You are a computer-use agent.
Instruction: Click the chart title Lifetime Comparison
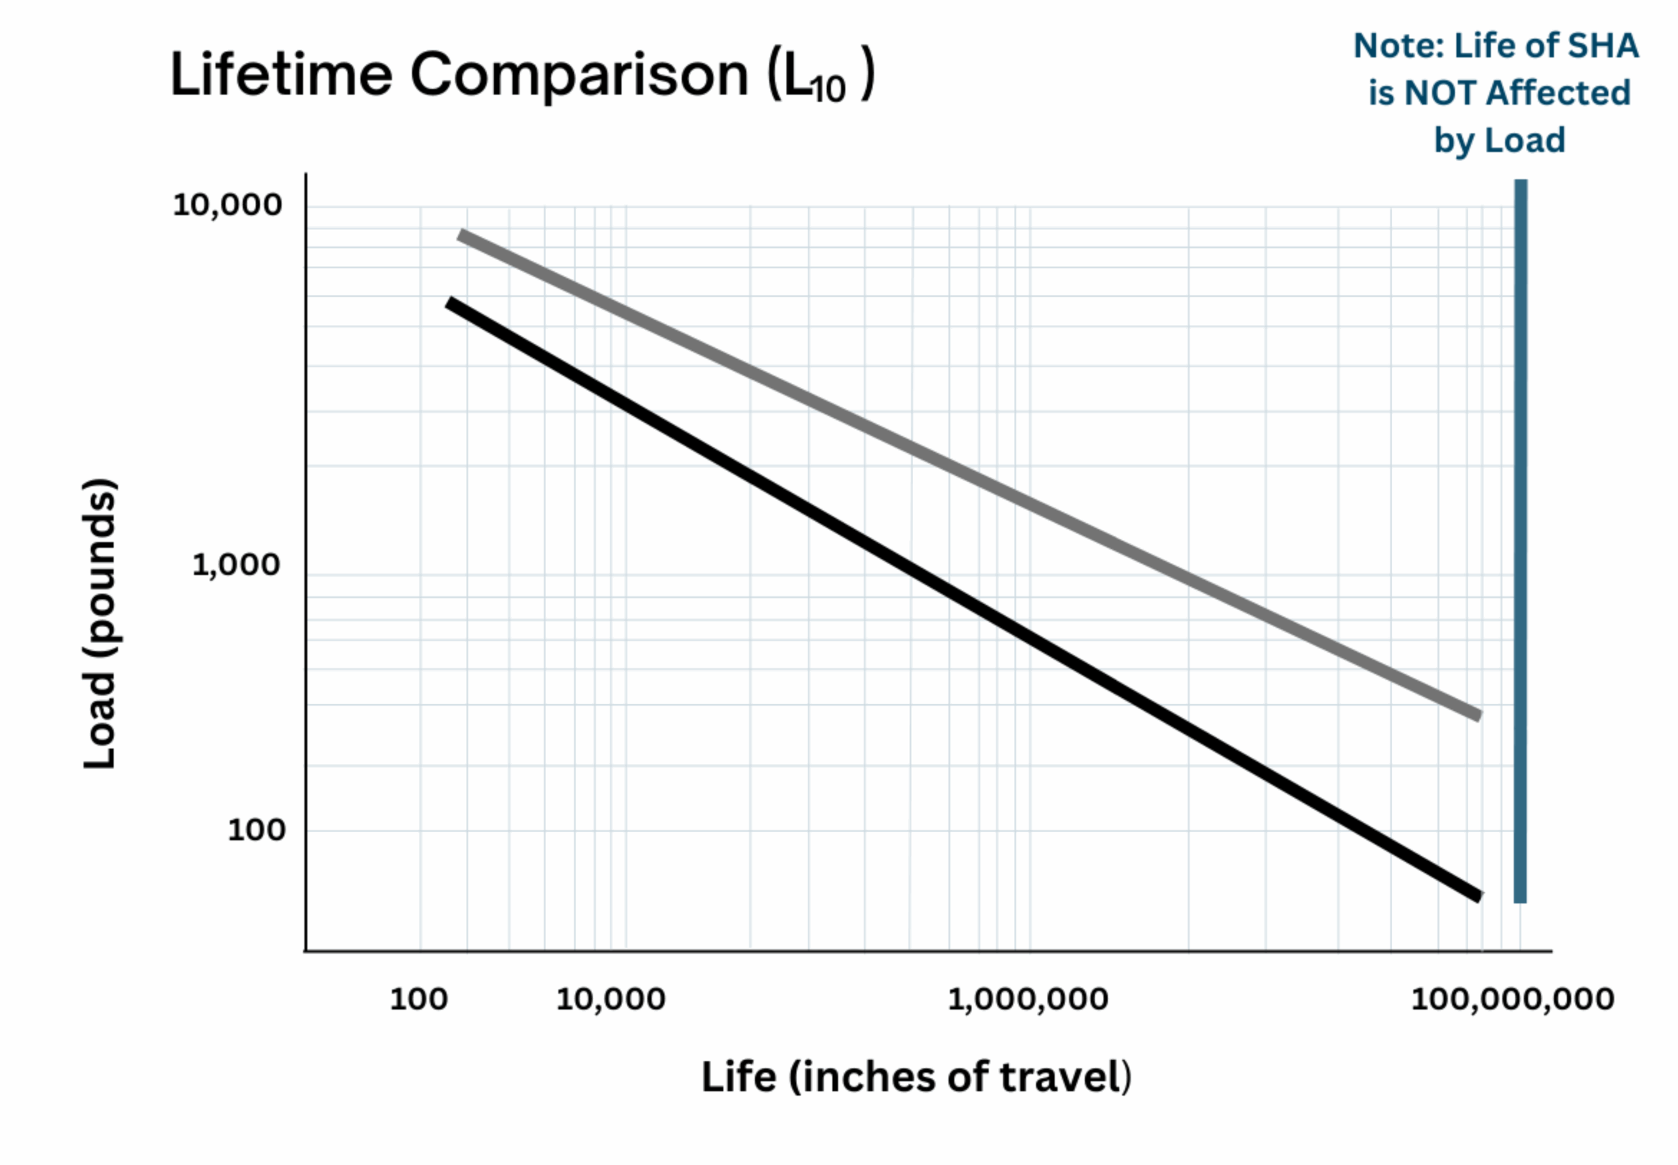(x=460, y=75)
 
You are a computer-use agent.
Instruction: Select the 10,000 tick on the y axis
(x=227, y=205)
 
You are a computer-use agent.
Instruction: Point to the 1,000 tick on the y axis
(x=236, y=565)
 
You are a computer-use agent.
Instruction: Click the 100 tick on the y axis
(x=256, y=830)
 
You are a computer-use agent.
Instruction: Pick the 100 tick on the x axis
(x=418, y=999)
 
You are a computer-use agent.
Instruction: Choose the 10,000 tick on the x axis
(x=610, y=999)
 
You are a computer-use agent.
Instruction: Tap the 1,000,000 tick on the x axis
(x=1027, y=999)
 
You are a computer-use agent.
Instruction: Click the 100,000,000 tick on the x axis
(x=1512, y=999)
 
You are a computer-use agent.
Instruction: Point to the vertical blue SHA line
(x=1520, y=540)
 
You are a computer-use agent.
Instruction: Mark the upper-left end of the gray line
(x=461, y=235)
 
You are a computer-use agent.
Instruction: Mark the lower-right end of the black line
(x=1478, y=896)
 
